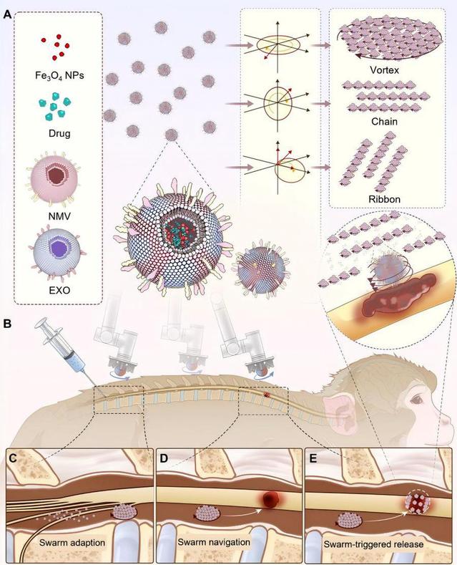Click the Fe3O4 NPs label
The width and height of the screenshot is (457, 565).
point(60,76)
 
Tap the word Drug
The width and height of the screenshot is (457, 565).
point(59,134)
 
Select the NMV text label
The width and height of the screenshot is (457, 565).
point(59,216)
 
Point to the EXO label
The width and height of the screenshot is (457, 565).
point(60,290)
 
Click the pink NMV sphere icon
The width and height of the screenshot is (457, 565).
point(54,178)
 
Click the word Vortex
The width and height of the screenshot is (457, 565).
point(384,70)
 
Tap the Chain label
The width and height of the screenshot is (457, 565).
point(384,122)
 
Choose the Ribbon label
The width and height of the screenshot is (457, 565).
point(384,199)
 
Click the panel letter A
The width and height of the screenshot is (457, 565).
point(8,15)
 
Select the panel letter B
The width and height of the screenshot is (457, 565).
point(7,323)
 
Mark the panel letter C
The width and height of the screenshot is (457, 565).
point(14,458)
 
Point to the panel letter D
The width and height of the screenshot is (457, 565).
point(164,458)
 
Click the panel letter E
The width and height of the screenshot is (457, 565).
point(313,458)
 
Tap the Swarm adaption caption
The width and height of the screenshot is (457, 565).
point(72,543)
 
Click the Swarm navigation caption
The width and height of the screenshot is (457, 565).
point(214,542)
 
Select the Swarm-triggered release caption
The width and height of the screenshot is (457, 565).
point(373,544)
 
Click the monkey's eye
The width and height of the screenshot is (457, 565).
point(418,400)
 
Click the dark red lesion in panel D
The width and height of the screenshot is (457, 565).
point(269,499)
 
